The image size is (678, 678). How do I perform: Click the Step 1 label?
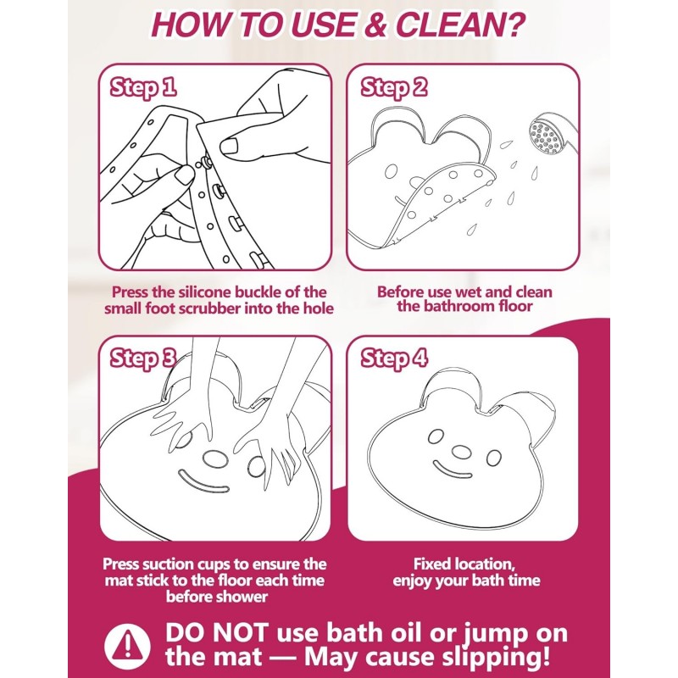pyautogui.click(x=143, y=87)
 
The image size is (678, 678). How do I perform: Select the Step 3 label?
pyautogui.click(x=143, y=358)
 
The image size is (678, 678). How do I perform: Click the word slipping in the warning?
pyautogui.click(x=480, y=657)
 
